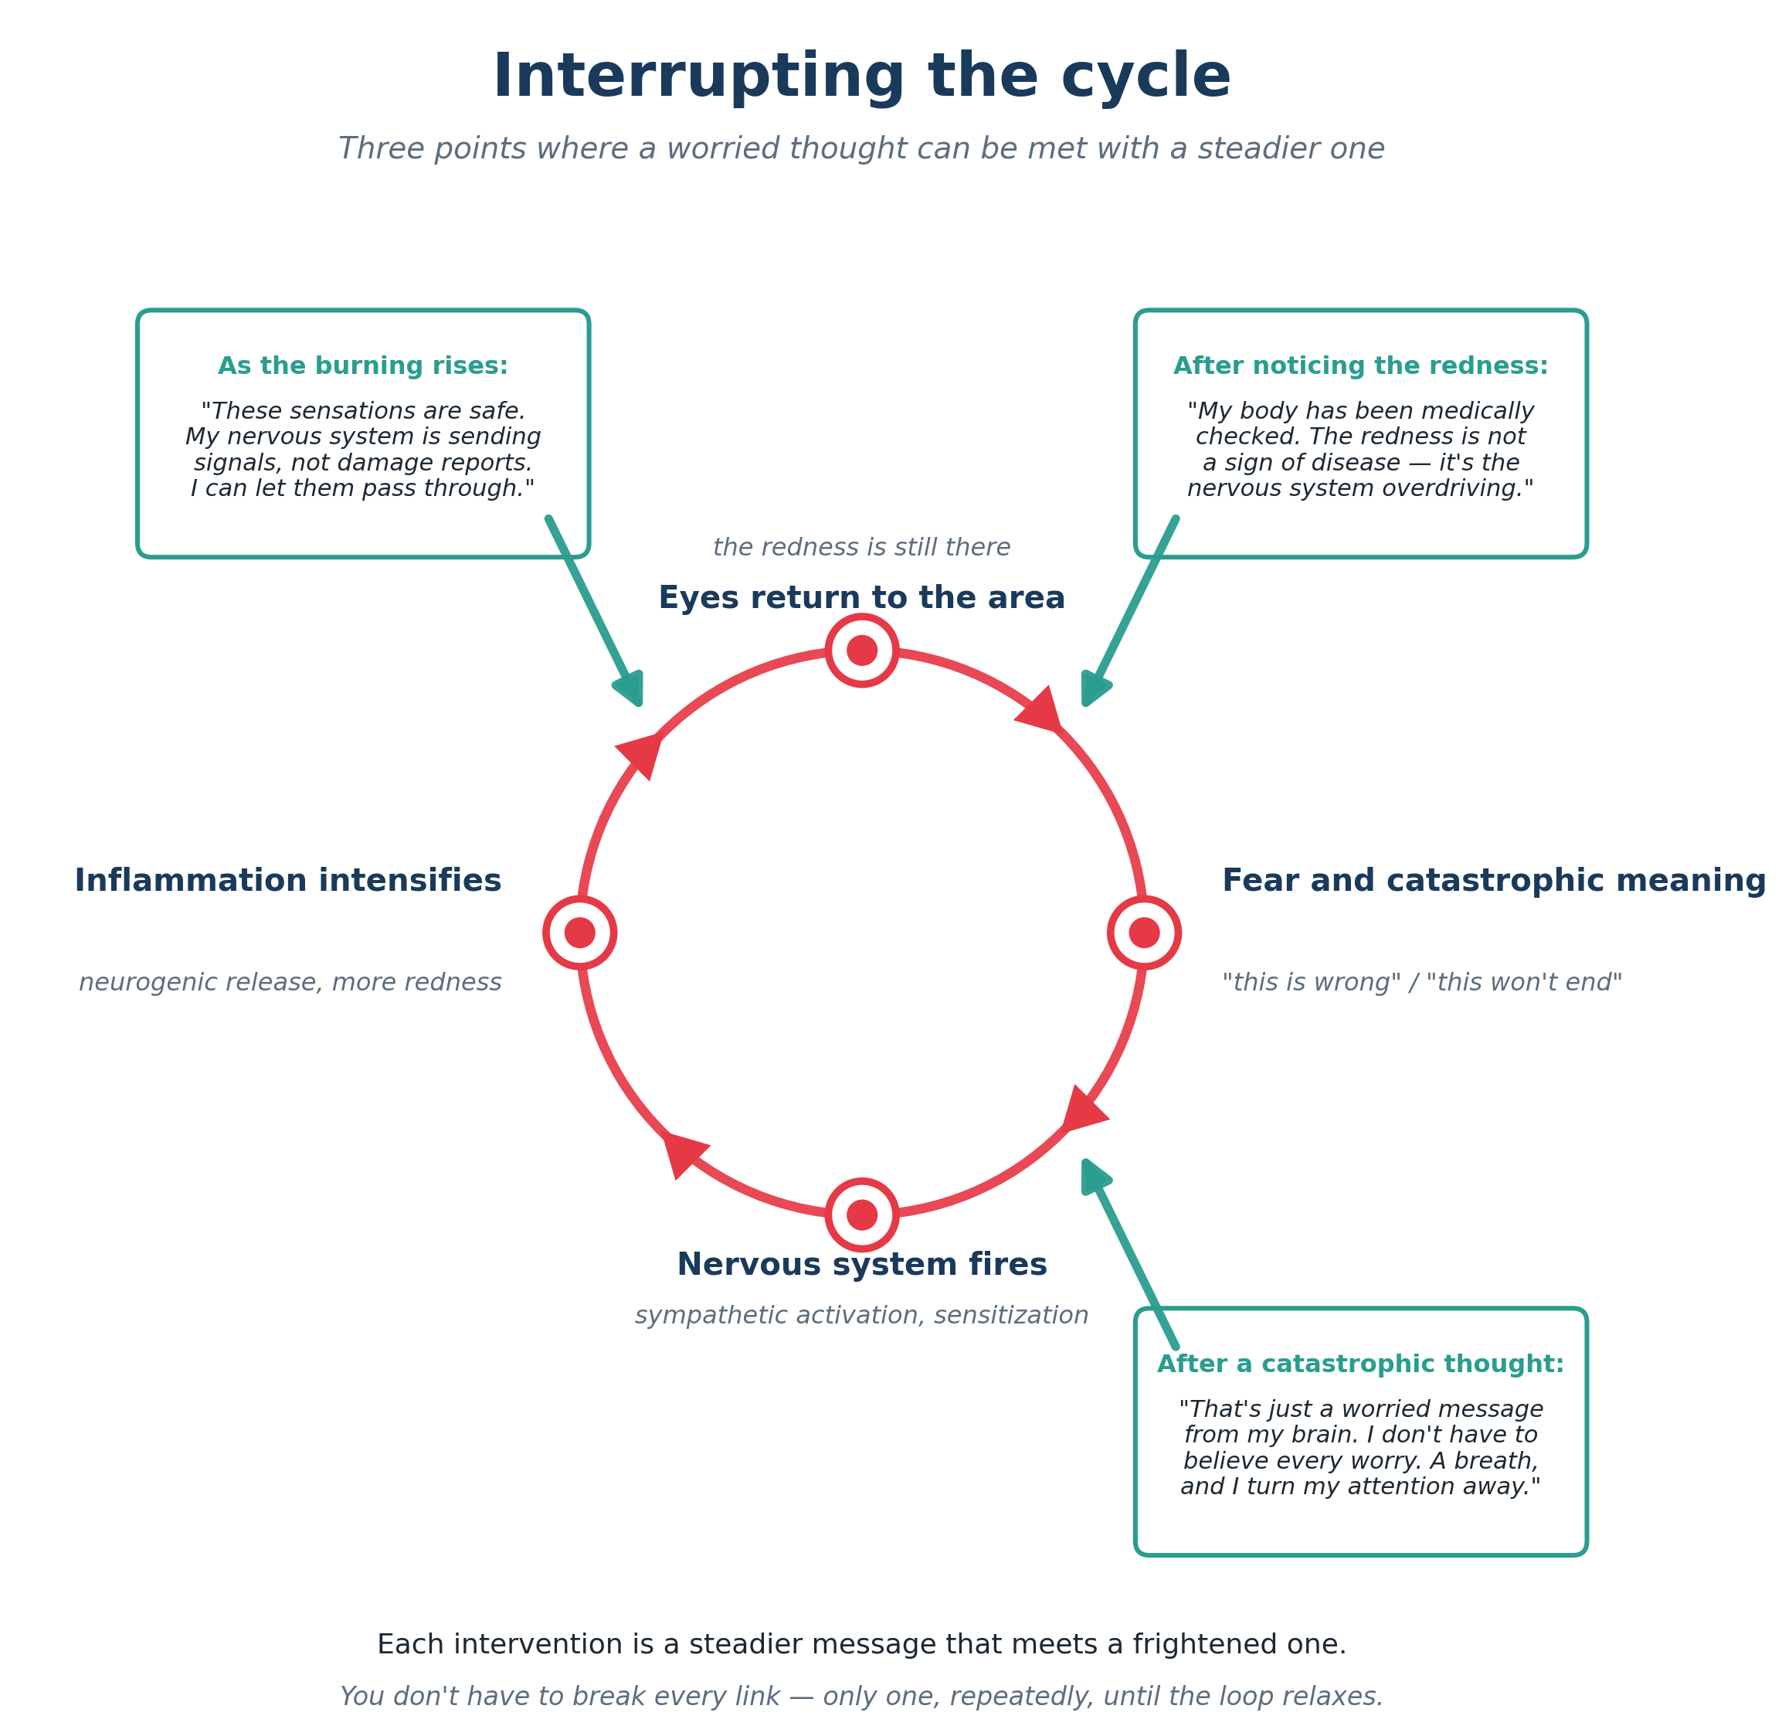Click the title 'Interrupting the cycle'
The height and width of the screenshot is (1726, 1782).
[861, 76]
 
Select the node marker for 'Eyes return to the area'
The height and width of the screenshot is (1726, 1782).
[862, 651]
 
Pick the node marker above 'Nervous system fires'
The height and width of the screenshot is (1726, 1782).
[862, 1215]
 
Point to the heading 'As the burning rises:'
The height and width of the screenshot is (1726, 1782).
[363, 365]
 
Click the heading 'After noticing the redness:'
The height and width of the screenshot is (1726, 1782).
[1360, 365]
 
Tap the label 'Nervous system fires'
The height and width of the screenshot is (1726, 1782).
[862, 1265]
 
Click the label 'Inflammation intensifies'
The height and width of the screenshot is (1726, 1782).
[287, 882]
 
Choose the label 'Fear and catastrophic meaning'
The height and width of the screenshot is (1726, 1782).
[1494, 882]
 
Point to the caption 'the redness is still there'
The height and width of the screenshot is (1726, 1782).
[862, 548]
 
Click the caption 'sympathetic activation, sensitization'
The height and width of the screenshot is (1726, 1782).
[862, 1316]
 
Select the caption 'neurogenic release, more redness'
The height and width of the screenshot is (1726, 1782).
[290, 982]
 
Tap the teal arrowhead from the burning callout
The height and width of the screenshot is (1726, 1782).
[630, 688]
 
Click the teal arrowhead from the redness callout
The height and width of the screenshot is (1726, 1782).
[1095, 688]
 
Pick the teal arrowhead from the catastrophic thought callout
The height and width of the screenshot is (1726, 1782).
[1095, 1177]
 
